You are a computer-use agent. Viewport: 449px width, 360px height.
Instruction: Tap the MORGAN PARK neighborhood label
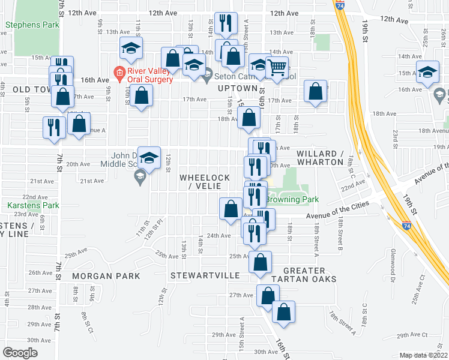point(106,276)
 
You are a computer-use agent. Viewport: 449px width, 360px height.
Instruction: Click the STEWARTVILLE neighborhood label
point(205,276)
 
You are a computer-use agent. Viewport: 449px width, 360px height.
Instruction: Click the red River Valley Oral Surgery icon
point(119,74)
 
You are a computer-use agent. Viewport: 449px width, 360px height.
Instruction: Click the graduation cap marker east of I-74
point(427,72)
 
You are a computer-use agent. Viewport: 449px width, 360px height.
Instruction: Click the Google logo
point(20,352)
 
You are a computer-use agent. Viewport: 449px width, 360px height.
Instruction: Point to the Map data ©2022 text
point(424,355)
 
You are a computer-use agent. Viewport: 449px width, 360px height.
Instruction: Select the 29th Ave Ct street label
point(411,335)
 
